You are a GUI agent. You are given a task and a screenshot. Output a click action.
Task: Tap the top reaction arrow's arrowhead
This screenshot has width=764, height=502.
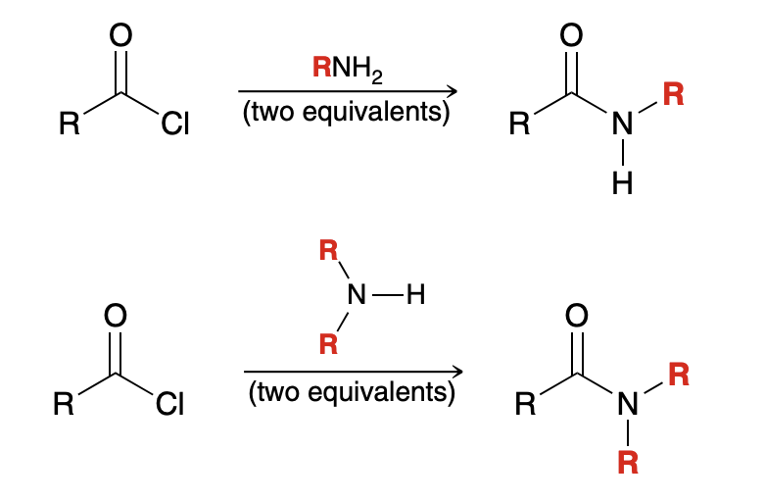454,91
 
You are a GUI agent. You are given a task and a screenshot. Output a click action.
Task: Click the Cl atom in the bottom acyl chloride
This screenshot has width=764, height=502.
169,404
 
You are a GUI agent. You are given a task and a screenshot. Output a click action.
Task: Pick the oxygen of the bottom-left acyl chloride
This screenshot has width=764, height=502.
116,317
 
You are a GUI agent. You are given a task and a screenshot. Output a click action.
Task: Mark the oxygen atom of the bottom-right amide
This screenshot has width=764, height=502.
578,316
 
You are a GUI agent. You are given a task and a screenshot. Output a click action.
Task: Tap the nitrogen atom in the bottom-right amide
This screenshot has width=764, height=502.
627,404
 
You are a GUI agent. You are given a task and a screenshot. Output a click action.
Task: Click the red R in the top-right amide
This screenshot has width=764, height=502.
673,95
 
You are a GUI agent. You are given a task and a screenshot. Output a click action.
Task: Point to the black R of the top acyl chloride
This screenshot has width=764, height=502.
67,125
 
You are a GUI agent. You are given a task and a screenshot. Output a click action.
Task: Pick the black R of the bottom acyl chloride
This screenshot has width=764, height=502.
62,404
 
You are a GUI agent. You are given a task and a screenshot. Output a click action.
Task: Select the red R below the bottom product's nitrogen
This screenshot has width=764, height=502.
627,461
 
